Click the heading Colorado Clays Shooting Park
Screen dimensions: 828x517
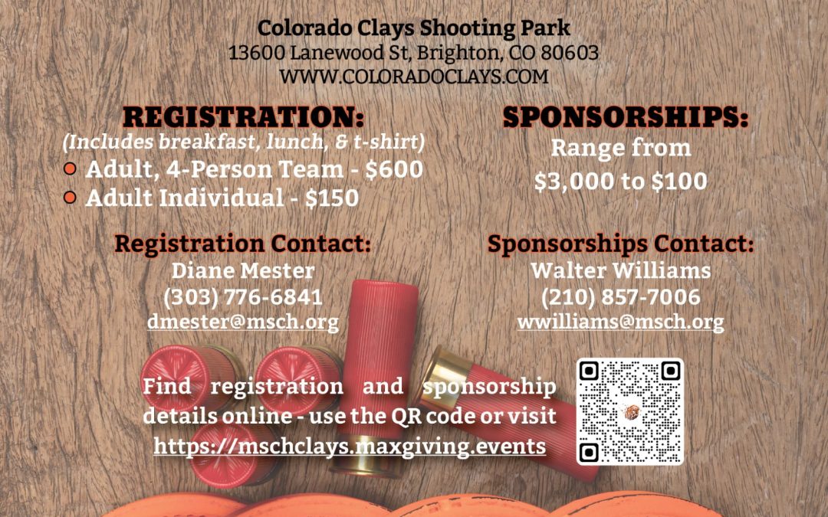click(413, 28)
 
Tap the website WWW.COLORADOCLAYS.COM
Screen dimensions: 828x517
click(413, 77)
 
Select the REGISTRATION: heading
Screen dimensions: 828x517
click(244, 117)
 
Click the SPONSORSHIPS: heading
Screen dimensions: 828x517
click(626, 117)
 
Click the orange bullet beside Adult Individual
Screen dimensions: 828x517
click(70, 198)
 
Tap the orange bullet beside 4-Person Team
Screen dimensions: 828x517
click(70, 169)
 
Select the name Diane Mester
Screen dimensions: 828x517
click(243, 270)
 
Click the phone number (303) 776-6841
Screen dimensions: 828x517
click(243, 297)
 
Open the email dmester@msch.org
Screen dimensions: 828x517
click(243, 322)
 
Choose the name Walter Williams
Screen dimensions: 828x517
click(621, 270)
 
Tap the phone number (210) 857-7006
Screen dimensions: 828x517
click(621, 297)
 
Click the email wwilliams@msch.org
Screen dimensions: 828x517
click(621, 322)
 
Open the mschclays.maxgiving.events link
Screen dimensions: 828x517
click(350, 447)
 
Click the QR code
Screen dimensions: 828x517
click(630, 411)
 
